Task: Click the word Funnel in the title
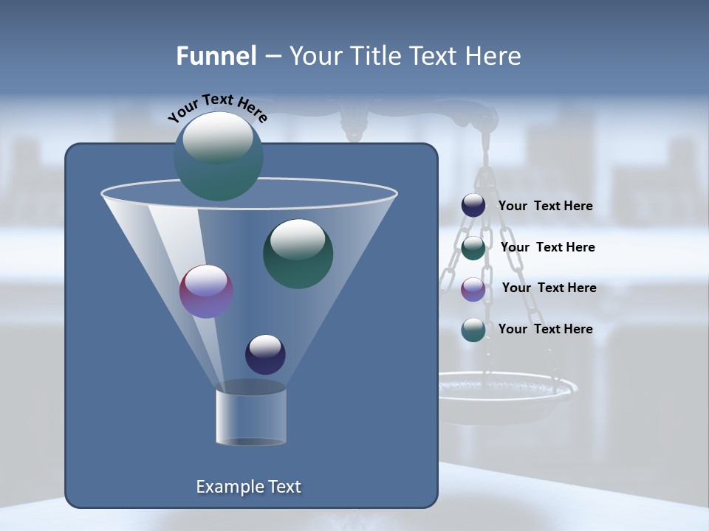(x=216, y=56)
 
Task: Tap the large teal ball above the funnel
(x=218, y=156)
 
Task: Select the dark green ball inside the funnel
(x=298, y=253)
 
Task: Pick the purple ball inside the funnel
(x=207, y=291)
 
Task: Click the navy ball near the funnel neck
(x=265, y=354)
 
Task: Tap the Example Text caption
(x=248, y=487)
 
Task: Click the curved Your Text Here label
(x=218, y=108)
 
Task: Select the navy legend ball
(x=473, y=206)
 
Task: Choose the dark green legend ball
(x=473, y=248)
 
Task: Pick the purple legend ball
(x=473, y=289)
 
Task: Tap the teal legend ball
(x=473, y=330)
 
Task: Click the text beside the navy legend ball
(x=545, y=206)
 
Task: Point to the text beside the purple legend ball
(x=549, y=288)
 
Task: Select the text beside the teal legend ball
(x=545, y=329)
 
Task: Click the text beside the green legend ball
(x=547, y=247)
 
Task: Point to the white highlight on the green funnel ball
(x=298, y=238)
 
